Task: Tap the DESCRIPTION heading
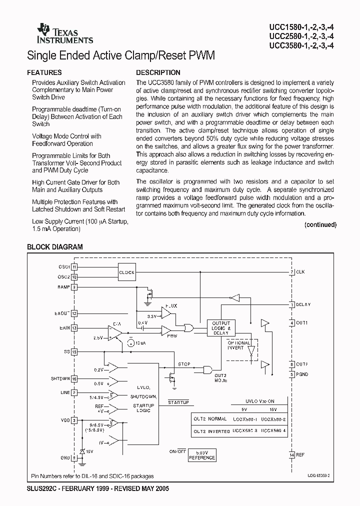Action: click(158, 72)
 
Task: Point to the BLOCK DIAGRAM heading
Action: click(54, 246)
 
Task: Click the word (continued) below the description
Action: click(320, 225)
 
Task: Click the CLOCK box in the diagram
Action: click(127, 272)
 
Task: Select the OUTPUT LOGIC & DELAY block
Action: click(221, 328)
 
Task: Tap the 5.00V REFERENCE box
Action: click(202, 455)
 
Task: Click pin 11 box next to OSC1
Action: click(74, 267)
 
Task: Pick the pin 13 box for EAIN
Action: click(74, 328)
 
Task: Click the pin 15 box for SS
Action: click(74, 352)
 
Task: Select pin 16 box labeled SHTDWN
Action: click(74, 379)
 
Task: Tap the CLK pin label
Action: click(300, 272)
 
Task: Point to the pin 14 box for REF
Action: click(291, 454)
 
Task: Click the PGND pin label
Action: click(302, 374)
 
